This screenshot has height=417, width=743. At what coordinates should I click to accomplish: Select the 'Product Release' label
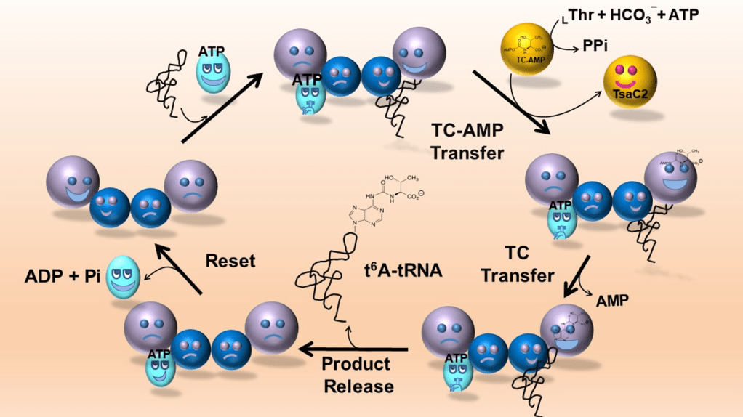point(356,375)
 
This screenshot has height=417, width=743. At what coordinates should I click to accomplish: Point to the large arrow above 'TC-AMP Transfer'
point(509,102)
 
